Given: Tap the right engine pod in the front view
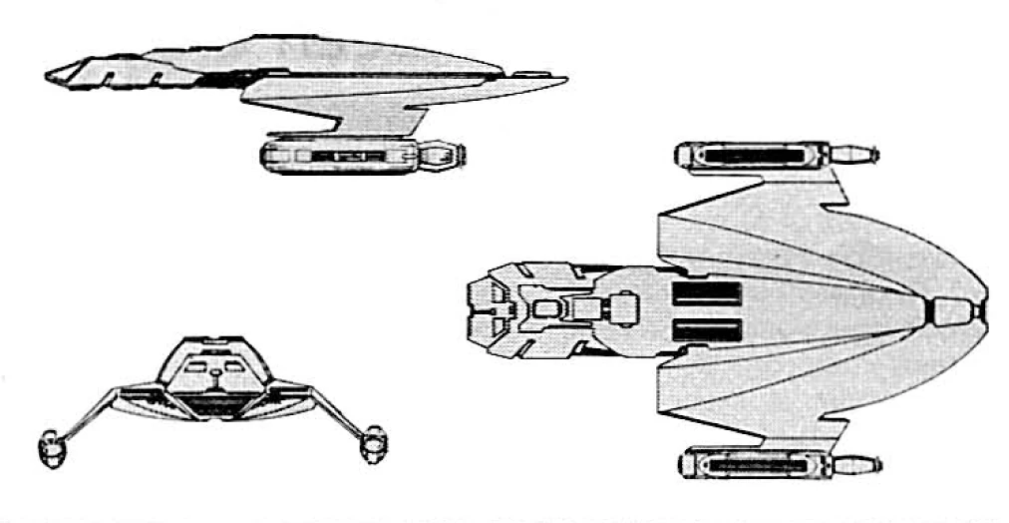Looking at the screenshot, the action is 373,441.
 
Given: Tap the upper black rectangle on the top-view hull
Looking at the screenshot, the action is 707,293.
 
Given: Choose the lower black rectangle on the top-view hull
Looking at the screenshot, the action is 707,330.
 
